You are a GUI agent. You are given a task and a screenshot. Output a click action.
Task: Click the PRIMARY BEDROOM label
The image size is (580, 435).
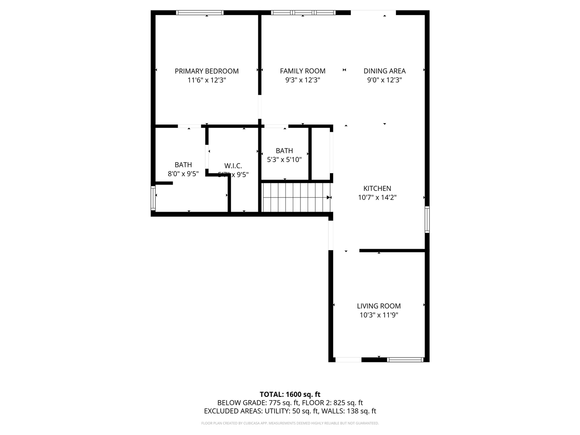[207, 71]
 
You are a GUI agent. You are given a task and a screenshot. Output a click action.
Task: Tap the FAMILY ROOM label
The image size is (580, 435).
[303, 71]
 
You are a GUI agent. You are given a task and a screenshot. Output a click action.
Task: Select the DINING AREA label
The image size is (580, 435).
[385, 71]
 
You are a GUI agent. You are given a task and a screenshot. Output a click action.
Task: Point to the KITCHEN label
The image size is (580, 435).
[377, 188]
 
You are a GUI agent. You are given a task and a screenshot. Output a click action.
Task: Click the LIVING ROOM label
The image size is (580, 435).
[379, 306]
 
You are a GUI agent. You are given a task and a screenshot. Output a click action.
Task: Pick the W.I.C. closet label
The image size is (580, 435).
[233, 166]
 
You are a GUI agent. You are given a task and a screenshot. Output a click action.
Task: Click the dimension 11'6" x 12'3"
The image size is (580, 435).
[207, 80]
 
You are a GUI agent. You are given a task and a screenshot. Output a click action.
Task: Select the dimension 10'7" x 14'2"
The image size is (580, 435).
[377, 198]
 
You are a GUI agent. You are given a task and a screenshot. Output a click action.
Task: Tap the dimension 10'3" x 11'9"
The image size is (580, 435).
[379, 315]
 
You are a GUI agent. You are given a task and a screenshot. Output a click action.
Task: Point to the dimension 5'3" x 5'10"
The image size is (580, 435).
[284, 159]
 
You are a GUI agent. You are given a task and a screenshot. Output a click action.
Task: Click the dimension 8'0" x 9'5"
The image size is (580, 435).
[183, 174]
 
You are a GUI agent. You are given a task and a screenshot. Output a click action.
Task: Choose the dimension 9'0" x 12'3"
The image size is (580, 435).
[385, 80]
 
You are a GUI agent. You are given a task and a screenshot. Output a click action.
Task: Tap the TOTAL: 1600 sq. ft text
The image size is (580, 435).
[290, 394]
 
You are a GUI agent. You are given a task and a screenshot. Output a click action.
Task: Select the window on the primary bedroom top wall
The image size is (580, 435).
[200, 13]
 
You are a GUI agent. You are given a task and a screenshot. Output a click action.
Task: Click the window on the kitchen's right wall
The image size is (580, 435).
[427, 220]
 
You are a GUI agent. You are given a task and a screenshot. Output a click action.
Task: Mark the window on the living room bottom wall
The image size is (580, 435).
[406, 360]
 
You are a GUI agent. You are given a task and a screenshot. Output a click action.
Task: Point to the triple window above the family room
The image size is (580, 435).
[303, 13]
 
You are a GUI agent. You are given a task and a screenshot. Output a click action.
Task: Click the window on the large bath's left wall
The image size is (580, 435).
[153, 198]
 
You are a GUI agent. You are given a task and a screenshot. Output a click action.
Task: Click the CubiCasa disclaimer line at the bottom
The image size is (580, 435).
[290, 423]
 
